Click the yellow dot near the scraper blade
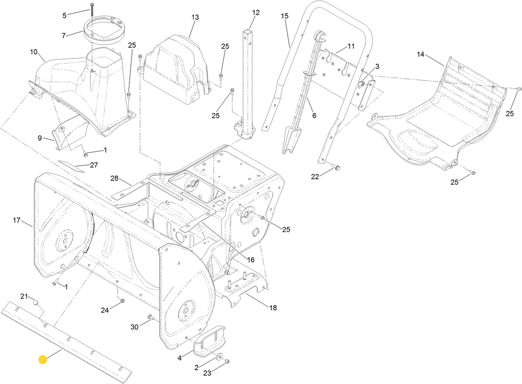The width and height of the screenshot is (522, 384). [43, 360]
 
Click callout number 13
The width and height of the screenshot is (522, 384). [195, 17]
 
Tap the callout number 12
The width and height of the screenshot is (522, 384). [256, 13]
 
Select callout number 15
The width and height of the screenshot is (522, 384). [284, 16]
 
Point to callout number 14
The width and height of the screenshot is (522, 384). [421, 54]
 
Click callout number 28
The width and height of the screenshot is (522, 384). [115, 179]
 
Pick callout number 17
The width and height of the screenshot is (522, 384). [17, 220]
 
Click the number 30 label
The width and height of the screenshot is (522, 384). [134, 327]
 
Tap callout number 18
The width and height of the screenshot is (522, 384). [273, 308]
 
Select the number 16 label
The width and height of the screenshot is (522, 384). [250, 260]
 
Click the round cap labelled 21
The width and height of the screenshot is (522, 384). [36, 303]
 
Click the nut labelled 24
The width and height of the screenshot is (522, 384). [122, 301]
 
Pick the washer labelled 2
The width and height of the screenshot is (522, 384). [219, 356]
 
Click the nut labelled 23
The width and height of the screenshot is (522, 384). [227, 362]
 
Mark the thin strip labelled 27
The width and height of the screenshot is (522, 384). [71, 166]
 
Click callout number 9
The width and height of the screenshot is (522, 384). [40, 138]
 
